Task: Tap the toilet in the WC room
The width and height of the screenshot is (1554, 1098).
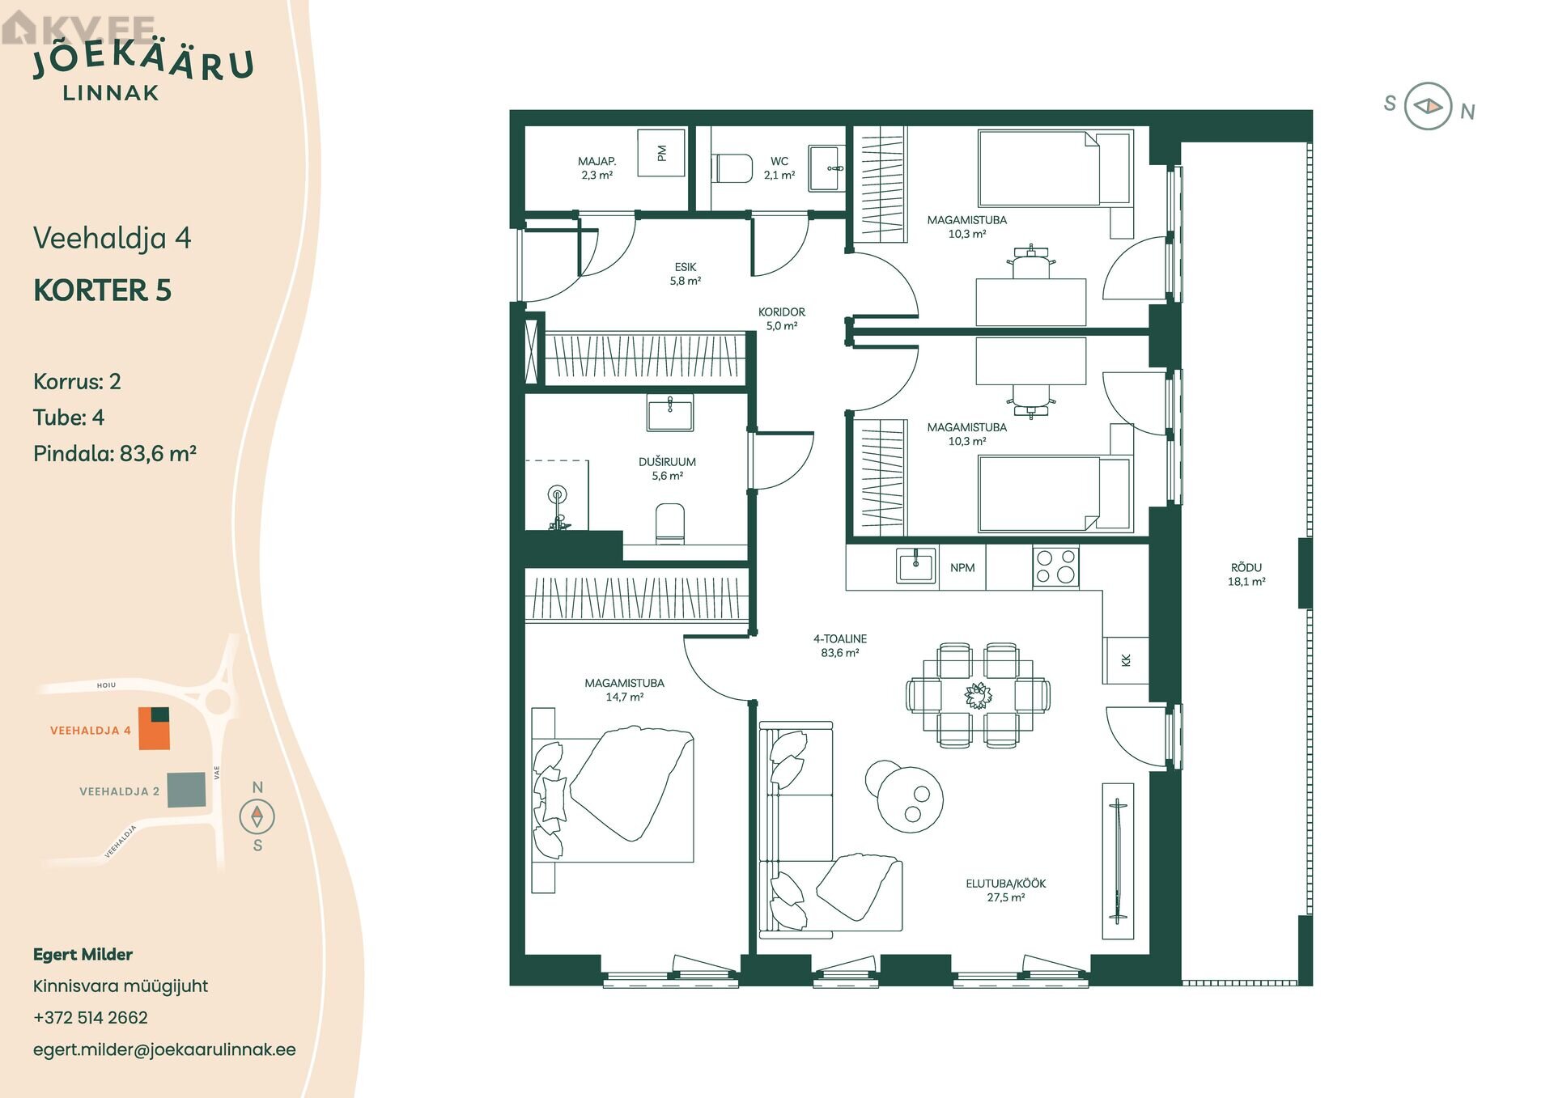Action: click(x=732, y=168)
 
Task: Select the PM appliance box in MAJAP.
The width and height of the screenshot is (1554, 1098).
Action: click(x=661, y=152)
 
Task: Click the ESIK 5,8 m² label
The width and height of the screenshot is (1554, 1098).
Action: click(x=685, y=273)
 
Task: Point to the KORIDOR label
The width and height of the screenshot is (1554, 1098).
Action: click(x=781, y=312)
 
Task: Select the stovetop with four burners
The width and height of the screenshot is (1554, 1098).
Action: click(x=1055, y=566)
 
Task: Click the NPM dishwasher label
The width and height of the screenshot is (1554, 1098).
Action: click(x=962, y=567)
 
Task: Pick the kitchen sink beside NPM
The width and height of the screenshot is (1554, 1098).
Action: click(x=915, y=565)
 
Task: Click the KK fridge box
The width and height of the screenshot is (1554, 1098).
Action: click(x=1126, y=660)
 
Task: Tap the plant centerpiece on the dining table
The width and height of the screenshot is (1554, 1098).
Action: click(x=978, y=695)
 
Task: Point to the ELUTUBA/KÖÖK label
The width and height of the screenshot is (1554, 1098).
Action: click(x=1005, y=884)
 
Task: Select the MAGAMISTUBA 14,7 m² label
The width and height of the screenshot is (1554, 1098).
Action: click(x=624, y=689)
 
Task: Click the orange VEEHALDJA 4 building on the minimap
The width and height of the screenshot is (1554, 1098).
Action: click(x=154, y=728)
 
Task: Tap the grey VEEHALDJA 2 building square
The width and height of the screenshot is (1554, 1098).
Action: click(x=186, y=790)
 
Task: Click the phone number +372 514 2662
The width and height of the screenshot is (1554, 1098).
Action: click(x=91, y=1017)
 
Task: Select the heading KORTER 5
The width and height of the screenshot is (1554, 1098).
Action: click(x=102, y=290)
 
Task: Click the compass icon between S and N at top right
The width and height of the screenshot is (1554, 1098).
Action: click(x=1428, y=106)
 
